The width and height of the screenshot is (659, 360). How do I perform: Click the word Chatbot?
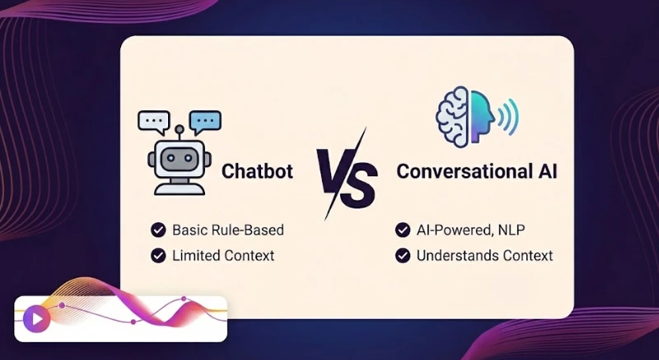(257, 172)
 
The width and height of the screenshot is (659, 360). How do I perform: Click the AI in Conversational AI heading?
(543, 172)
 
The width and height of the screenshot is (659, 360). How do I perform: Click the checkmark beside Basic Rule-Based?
(157, 230)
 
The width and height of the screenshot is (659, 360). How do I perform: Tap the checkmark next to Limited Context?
(157, 255)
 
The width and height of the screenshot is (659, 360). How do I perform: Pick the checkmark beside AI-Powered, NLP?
(403, 230)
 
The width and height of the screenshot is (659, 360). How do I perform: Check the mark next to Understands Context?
(403, 255)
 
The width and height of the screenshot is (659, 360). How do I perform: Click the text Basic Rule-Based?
(228, 230)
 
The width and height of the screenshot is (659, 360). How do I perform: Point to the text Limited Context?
(223, 255)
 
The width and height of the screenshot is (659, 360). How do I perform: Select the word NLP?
(515, 230)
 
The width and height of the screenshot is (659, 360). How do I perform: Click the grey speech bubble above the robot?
(154, 121)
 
